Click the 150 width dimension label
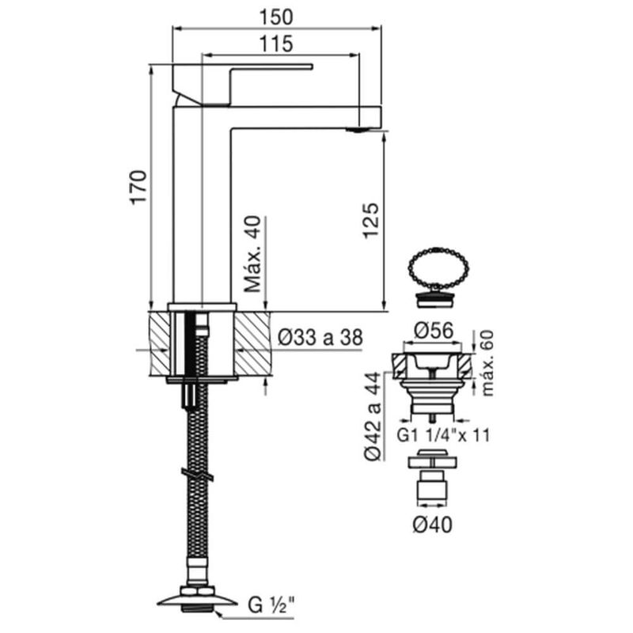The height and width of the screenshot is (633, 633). click(276, 17)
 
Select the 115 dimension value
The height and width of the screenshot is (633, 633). click(276, 44)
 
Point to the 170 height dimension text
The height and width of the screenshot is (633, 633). click(138, 188)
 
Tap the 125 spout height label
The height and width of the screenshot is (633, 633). click(371, 221)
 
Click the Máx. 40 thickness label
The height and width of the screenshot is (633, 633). click(254, 254)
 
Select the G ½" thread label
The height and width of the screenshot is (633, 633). click(271, 605)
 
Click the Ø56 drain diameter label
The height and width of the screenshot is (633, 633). click(434, 331)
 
